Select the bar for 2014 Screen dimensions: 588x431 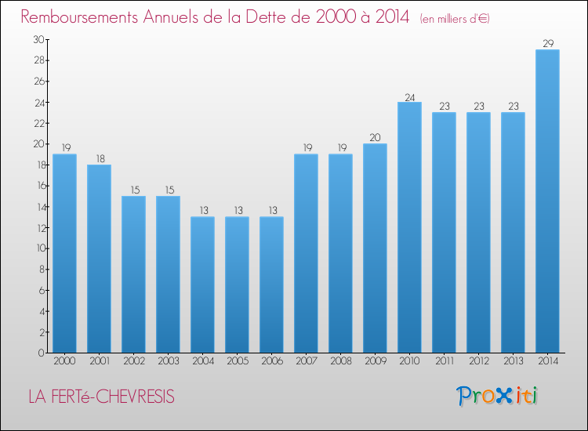(x=547, y=201)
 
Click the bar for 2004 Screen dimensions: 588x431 (x=202, y=284)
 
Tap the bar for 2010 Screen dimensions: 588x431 (x=409, y=227)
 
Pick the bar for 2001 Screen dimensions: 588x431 (x=99, y=259)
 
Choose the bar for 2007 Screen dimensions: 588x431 (x=306, y=253)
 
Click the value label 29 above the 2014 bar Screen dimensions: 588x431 (x=548, y=43)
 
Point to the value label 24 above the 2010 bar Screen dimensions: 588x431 (x=410, y=97)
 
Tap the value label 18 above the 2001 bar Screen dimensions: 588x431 (x=100, y=159)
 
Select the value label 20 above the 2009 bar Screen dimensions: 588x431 (x=375, y=138)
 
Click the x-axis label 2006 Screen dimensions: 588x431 (x=272, y=361)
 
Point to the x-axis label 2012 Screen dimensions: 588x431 (x=479, y=361)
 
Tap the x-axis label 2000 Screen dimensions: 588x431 (x=64, y=361)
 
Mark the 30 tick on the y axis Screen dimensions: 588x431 (x=38, y=39)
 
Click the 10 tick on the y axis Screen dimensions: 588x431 (x=42, y=248)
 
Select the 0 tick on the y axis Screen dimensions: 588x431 (x=42, y=353)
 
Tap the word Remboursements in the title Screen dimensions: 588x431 (x=79, y=16)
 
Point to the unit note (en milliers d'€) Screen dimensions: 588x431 (x=455, y=18)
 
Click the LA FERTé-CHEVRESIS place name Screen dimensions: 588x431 (x=102, y=397)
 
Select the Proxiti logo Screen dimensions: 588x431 (x=497, y=397)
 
